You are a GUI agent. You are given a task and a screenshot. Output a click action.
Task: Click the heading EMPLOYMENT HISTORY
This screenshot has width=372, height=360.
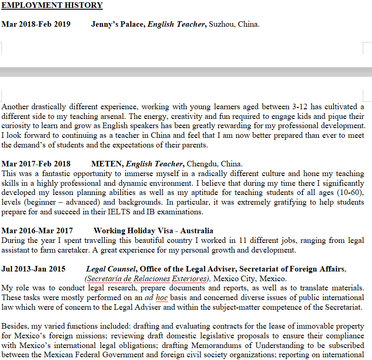(x=52, y=6)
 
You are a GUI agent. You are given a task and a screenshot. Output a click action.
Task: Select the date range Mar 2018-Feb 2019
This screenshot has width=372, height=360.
(x=36, y=24)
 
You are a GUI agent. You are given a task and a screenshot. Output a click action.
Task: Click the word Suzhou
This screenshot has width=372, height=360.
(x=222, y=24)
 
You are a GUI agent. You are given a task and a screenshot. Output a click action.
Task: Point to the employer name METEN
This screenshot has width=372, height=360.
(x=107, y=164)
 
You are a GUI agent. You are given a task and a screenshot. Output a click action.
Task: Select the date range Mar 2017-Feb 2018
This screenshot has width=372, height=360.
(x=36, y=164)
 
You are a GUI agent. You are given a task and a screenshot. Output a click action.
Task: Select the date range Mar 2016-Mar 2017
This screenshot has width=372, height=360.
(x=37, y=230)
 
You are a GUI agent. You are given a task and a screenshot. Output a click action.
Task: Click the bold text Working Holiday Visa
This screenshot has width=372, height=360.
(x=135, y=230)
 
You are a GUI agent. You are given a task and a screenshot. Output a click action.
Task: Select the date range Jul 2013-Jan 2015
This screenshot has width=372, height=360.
(x=33, y=269)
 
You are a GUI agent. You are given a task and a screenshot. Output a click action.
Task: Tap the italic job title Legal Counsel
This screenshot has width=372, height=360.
(x=111, y=269)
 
